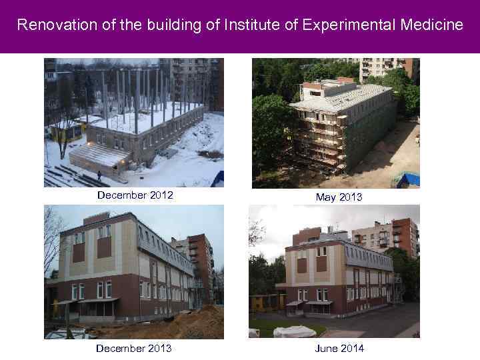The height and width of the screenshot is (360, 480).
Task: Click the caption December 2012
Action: tap(135, 195)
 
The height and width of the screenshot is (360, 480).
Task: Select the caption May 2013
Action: tap(340, 197)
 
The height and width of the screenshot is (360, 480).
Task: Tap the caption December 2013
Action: tap(134, 348)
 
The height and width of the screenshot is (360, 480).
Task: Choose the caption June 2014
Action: tap(340, 348)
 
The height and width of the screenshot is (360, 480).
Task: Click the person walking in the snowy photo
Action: tap(99, 175)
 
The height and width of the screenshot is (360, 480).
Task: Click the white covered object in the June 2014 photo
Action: tap(294, 331)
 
